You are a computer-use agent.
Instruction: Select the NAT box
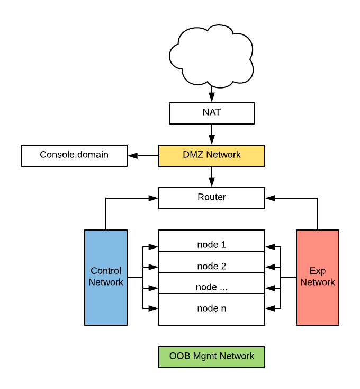pos(212,113)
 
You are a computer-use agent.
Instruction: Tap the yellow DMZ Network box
pos(212,155)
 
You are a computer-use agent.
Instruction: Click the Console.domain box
pos(74,155)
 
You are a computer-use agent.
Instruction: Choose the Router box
pos(212,198)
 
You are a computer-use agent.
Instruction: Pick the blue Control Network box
pos(106,277)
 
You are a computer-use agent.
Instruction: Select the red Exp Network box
pos(318,277)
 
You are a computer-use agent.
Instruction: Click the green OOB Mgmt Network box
pos(212,357)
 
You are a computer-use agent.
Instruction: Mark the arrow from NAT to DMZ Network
pos(212,134)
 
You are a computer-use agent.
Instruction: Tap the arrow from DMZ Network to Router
pos(212,176)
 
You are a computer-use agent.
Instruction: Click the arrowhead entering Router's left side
pos(154,198)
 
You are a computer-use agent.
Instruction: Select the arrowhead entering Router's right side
pos(270,198)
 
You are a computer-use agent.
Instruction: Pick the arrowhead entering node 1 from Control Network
pos(154,246)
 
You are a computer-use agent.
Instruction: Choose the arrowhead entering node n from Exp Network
pos(270,308)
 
